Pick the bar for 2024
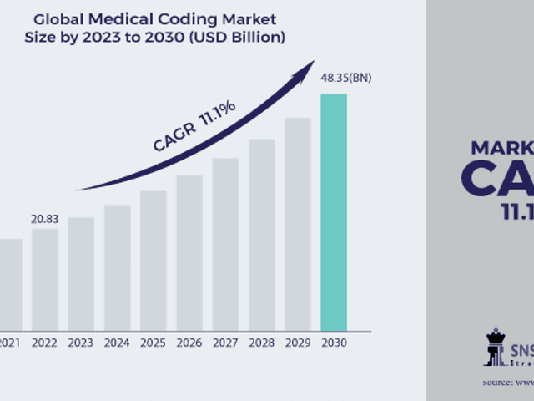(117, 266)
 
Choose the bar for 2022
(45, 279)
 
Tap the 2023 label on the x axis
(80, 342)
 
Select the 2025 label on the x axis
(153, 342)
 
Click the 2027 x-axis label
(225, 342)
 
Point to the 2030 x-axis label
(334, 342)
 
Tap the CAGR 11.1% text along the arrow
(194, 127)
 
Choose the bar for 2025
(153, 260)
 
